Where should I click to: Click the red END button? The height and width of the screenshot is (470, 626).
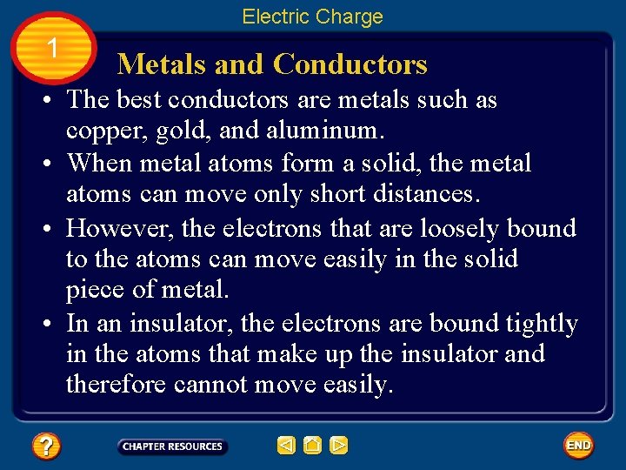[578, 446]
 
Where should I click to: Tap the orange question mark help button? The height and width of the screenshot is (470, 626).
[46, 446]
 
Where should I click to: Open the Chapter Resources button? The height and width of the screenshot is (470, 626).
[172, 446]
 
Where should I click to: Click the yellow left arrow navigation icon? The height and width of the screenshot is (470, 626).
[286, 446]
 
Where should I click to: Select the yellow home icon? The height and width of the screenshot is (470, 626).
[313, 446]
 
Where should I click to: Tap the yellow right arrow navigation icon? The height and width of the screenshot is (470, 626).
[339, 446]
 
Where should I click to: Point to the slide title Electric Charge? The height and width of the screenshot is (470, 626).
[312, 17]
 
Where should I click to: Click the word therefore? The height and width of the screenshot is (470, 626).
[116, 385]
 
